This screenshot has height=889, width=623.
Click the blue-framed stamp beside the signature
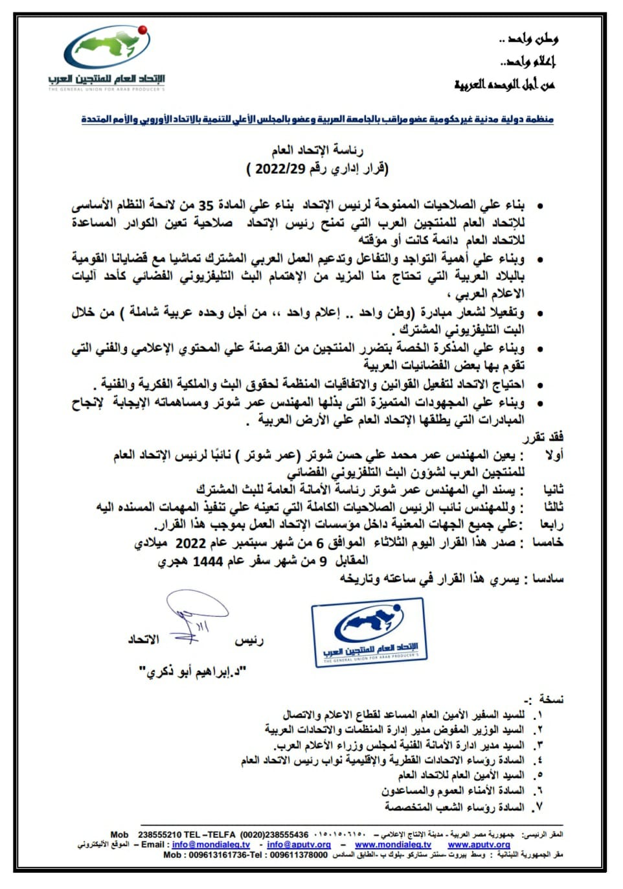click(370, 632)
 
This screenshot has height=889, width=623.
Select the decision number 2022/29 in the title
click(280, 170)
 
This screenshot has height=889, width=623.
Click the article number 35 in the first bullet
click(205, 206)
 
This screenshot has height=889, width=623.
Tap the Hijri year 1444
click(208, 562)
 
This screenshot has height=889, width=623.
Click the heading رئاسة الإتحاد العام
click(309, 151)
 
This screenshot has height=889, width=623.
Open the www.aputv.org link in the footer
click(479, 845)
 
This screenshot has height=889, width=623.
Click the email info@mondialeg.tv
click(211, 845)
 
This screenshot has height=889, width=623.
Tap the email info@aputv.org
click(299, 845)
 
